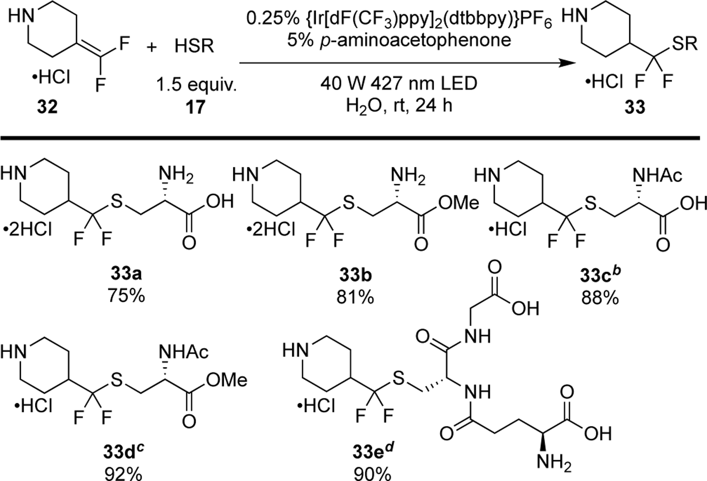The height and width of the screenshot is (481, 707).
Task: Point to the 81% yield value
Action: tap(355, 298)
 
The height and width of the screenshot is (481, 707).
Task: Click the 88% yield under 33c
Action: tap(599, 298)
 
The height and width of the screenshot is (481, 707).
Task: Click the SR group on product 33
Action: tap(684, 44)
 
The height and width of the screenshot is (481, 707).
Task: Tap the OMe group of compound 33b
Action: tap(459, 203)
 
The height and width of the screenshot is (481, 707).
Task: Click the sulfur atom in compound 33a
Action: tap(116, 202)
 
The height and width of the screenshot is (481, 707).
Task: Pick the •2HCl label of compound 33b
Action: tap(270, 229)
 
